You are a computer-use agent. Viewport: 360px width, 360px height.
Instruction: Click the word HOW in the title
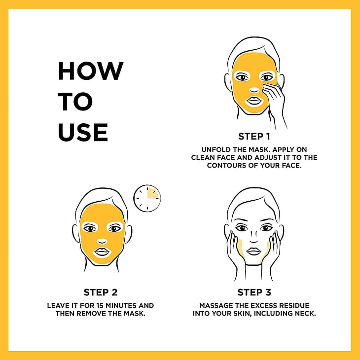[91, 71]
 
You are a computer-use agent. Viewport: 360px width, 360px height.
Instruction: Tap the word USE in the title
[83, 132]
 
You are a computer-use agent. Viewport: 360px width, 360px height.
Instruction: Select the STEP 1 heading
[254, 137]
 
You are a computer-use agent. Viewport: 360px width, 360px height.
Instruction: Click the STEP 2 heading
[101, 292]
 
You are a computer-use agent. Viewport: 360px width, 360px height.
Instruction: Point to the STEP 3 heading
[254, 292]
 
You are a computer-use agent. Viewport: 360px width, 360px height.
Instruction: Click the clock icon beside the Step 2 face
[147, 198]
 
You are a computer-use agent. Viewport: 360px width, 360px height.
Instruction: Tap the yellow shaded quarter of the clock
[152, 193]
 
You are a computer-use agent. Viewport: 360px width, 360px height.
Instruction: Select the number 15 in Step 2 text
[100, 305]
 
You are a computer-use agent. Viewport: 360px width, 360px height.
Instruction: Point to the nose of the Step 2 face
[102, 241]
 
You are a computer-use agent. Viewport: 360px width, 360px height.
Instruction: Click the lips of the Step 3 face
[253, 252]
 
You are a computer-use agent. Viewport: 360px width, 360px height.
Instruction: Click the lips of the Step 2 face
[102, 252]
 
